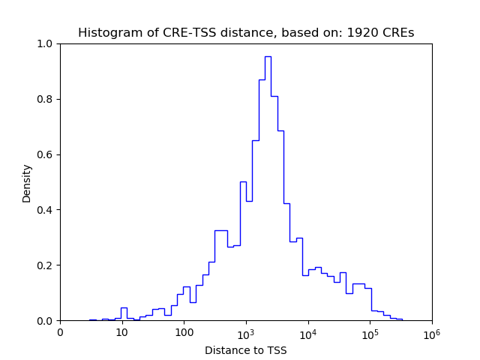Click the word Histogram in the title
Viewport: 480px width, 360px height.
(x=106, y=33)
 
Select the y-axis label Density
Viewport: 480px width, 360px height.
(x=27, y=183)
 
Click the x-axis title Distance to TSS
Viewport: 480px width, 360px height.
(x=246, y=349)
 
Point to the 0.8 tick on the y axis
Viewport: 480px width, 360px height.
(x=46, y=100)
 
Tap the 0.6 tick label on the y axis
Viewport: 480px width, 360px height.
(x=46, y=155)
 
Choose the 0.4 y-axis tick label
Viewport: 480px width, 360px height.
(x=46, y=210)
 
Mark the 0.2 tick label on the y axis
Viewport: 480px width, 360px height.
(x=46, y=265)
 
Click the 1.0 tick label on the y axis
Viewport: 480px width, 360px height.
(x=46, y=44)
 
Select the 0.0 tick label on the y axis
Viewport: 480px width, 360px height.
(x=46, y=321)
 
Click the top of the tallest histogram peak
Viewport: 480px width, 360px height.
(x=268, y=57)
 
